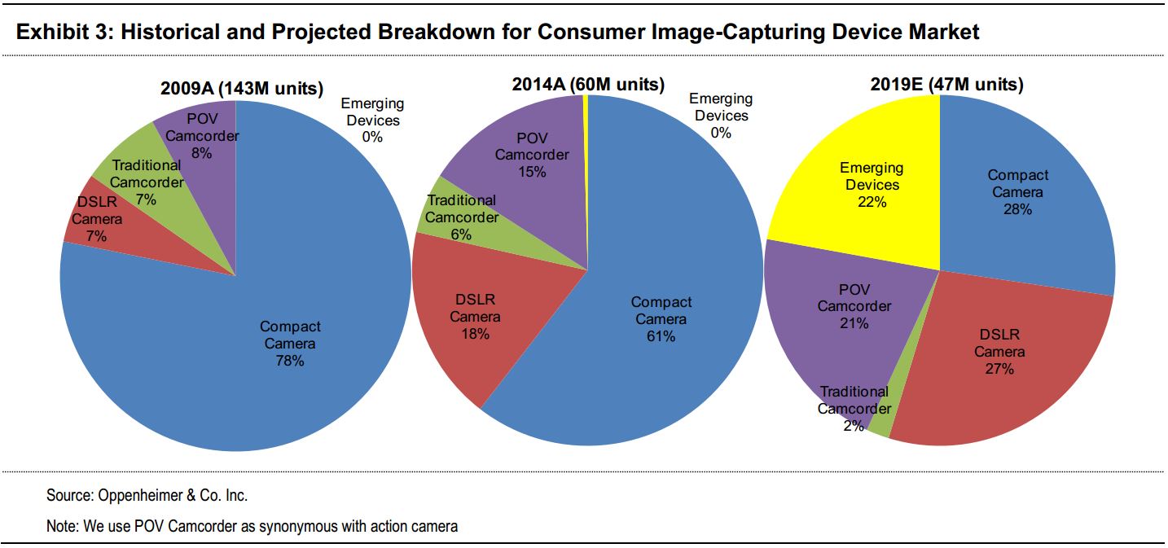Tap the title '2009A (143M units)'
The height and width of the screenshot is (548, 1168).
pos(242,89)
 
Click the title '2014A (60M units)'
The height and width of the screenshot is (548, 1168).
pos(588,85)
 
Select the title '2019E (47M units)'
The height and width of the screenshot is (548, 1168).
pos(947,85)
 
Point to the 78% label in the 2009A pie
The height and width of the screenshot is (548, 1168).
pos(290,361)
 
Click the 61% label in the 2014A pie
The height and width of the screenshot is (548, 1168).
pos(661,336)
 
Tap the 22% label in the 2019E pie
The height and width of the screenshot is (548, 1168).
pos(872,202)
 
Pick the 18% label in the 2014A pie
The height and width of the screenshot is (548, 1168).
pos(475,334)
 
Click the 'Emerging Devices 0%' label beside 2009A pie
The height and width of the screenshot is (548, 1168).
pos(373,121)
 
